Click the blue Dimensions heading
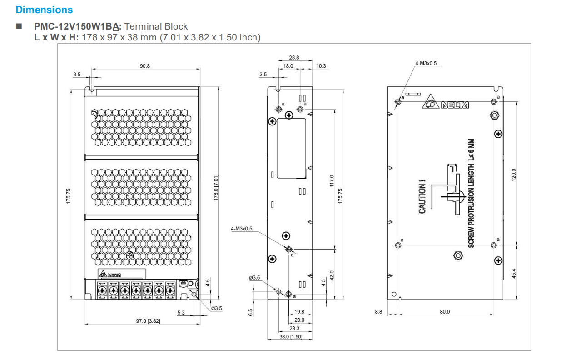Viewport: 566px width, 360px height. click(44, 10)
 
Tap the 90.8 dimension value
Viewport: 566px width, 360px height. click(145, 66)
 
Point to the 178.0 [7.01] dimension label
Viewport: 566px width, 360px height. click(216, 187)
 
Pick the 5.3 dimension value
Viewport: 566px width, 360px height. click(181, 312)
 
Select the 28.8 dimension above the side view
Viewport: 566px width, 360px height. click(294, 58)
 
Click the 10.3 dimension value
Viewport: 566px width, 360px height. click(321, 66)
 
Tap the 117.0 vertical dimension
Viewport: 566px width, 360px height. click(332, 181)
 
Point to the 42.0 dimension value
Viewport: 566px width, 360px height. click(332, 275)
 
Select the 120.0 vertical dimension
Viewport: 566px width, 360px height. click(514, 174)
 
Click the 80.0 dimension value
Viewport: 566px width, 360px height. click(445, 312)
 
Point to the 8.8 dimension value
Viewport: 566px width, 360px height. click(378, 312)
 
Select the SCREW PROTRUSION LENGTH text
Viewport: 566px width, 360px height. click(471, 193)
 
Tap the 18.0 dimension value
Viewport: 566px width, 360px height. click(288, 66)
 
